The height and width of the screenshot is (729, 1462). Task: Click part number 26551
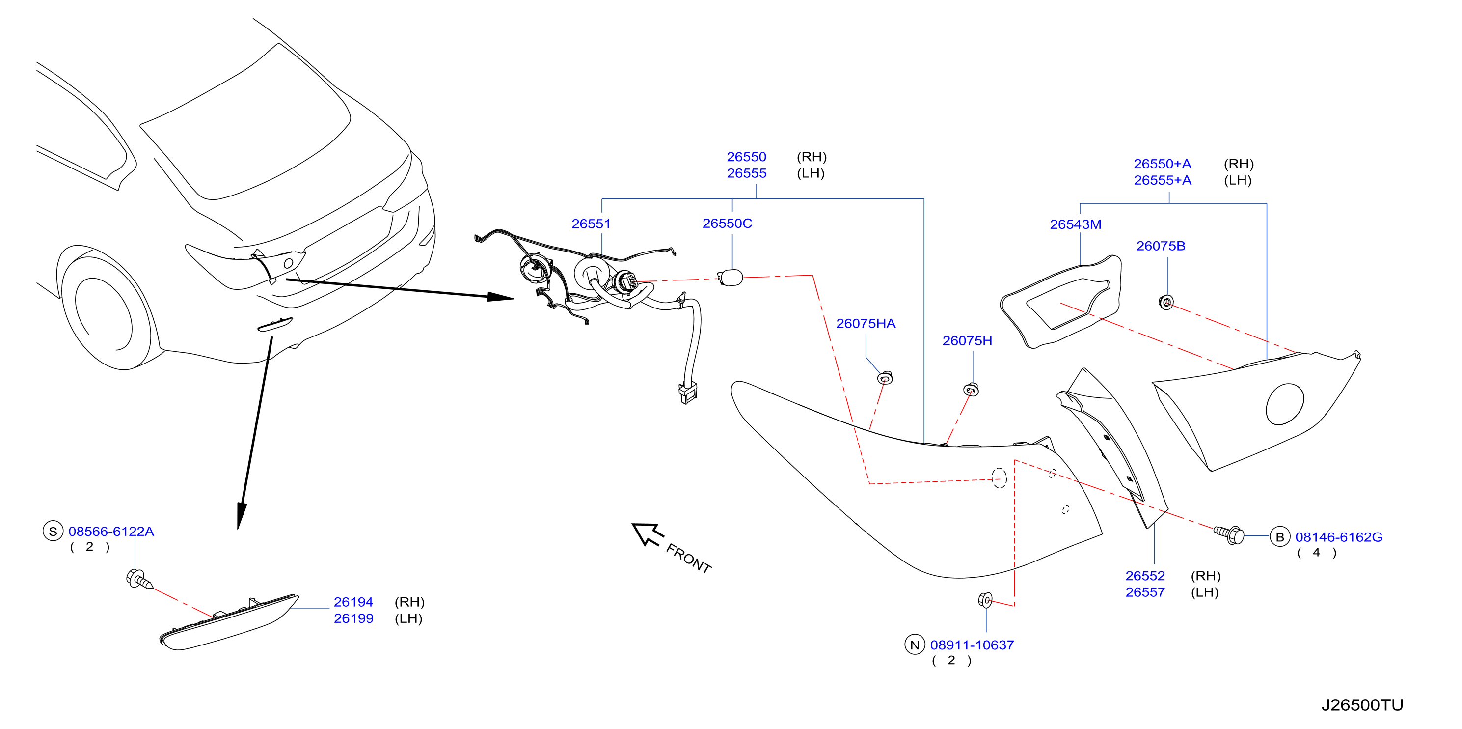coord(591,224)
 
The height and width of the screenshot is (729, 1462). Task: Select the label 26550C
coord(727,223)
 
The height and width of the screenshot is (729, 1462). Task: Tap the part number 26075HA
coord(866,323)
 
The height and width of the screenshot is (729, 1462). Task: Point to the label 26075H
coord(967,340)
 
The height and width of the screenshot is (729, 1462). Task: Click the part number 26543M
coord(1076,224)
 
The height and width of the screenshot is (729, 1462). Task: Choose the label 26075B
coord(1161,246)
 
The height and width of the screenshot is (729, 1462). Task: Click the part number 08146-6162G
coord(1338,537)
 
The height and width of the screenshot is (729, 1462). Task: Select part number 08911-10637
coord(972,645)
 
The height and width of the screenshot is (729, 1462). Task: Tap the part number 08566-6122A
coord(111,532)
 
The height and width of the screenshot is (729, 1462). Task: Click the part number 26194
coord(353,602)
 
